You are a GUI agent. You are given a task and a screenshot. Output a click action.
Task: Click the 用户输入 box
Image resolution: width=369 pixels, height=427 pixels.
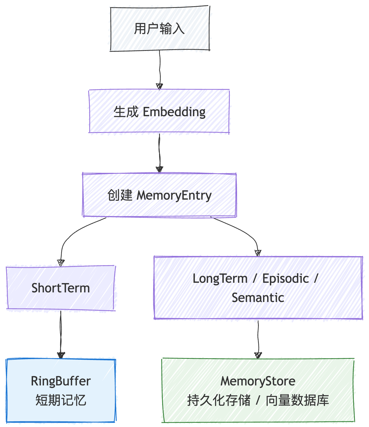[x=160, y=29]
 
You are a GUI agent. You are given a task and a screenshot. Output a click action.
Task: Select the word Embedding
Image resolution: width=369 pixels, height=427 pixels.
[x=174, y=112]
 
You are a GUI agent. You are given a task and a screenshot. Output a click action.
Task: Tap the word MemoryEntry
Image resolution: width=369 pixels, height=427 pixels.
[x=174, y=195]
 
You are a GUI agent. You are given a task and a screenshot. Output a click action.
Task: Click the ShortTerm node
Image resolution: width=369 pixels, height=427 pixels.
[x=60, y=288]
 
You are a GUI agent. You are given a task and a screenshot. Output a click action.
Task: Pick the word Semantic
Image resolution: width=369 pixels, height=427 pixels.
[x=258, y=297]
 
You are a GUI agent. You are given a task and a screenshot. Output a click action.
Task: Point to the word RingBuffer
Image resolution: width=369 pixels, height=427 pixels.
[x=61, y=381]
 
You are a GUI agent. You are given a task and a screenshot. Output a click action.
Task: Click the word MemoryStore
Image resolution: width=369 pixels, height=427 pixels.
[x=258, y=381]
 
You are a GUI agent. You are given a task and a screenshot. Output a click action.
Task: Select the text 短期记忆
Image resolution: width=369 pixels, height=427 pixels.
[x=61, y=400]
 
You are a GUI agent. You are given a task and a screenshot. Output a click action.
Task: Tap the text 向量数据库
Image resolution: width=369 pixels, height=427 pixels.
[x=297, y=400]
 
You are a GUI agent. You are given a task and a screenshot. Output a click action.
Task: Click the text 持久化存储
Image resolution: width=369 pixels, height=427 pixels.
[x=219, y=400]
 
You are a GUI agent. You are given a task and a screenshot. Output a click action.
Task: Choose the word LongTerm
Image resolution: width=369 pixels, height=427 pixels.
[x=220, y=279]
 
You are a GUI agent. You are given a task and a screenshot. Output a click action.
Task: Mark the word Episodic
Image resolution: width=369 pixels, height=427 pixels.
[x=285, y=279]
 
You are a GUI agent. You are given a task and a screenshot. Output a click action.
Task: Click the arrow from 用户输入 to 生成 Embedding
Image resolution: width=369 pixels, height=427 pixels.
[x=160, y=69]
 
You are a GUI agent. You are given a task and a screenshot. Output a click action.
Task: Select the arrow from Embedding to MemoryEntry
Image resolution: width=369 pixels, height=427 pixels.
[x=160, y=153]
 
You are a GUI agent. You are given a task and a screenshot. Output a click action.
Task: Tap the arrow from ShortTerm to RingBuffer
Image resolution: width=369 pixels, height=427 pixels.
[x=61, y=334]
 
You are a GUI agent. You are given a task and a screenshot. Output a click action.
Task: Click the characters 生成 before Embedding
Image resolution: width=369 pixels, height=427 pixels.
[x=126, y=112]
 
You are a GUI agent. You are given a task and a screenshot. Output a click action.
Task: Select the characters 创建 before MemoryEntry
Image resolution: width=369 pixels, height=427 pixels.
[x=120, y=195]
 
